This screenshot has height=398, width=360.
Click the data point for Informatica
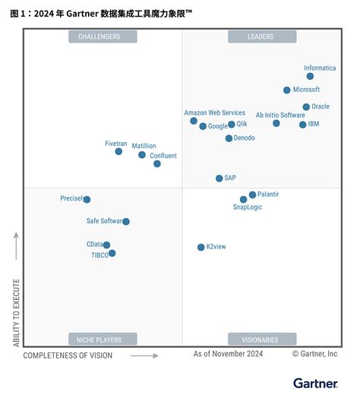(310, 76)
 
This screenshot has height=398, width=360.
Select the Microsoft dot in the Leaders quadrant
(286, 90)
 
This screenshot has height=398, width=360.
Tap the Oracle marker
(306, 107)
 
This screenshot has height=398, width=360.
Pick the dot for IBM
(302, 125)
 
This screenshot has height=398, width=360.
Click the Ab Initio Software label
(280, 115)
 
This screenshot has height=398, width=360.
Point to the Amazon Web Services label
(214, 112)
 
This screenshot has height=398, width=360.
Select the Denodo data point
(229, 138)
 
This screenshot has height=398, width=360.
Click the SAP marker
(219, 178)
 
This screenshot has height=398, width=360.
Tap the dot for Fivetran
(118, 151)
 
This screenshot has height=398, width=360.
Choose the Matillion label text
(144, 145)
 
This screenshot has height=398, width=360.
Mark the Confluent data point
(157, 163)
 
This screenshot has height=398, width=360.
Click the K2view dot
(201, 247)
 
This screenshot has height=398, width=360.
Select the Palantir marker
(252, 194)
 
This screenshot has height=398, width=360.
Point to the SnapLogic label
(248, 207)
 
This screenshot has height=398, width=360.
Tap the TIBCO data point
(112, 254)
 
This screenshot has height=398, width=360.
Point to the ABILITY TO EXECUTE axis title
(15, 311)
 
